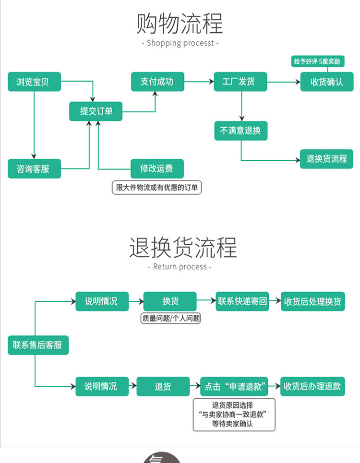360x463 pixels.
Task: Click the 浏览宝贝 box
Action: coord(34,82)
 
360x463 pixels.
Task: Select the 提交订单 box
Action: coord(96,111)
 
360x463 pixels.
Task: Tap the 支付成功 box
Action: coord(157,82)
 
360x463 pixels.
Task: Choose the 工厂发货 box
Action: coord(240,82)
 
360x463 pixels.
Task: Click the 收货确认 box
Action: coord(326,82)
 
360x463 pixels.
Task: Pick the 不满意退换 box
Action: coord(240,130)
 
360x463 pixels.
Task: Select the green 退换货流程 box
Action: coord(326,159)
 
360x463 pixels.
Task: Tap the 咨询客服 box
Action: coord(34,169)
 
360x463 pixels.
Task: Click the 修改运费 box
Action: coord(157,168)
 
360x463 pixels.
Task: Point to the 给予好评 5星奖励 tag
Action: coord(317,61)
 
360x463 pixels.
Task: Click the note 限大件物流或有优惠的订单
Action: coord(157,188)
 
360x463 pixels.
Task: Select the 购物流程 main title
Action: coord(180,23)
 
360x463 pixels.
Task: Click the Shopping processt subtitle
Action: coord(180,43)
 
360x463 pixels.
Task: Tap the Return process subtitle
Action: coord(180,267)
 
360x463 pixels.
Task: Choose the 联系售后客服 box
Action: coord(38,345)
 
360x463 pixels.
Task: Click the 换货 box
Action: coord(170,301)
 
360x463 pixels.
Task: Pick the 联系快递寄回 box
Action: coord(242,301)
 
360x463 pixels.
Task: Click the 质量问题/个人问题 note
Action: coord(170,318)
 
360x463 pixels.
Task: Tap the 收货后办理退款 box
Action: coord(312,386)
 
